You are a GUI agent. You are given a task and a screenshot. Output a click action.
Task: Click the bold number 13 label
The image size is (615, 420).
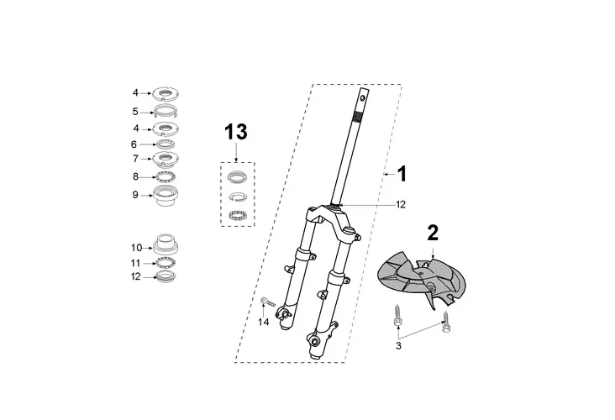pyautogui.click(x=236, y=132)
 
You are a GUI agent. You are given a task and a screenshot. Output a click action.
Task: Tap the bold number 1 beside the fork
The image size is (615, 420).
pyautogui.click(x=402, y=174)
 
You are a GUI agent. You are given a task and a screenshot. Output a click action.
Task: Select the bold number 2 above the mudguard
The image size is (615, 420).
pyautogui.click(x=433, y=233)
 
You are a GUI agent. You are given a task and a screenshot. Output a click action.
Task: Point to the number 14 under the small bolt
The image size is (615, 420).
pyautogui.click(x=264, y=322)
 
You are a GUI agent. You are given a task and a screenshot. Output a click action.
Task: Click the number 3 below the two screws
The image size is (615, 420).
pyautogui.click(x=398, y=346)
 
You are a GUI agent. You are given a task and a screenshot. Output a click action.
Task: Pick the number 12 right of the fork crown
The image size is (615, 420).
pyautogui.click(x=401, y=205)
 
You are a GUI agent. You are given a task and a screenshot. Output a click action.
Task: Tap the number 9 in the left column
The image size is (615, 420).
pyautogui.click(x=135, y=195)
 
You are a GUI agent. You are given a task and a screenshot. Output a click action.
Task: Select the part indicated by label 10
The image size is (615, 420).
pyautogui.click(x=166, y=244)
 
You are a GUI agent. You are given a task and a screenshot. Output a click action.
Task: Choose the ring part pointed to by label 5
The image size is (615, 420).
pyautogui.click(x=166, y=111)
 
